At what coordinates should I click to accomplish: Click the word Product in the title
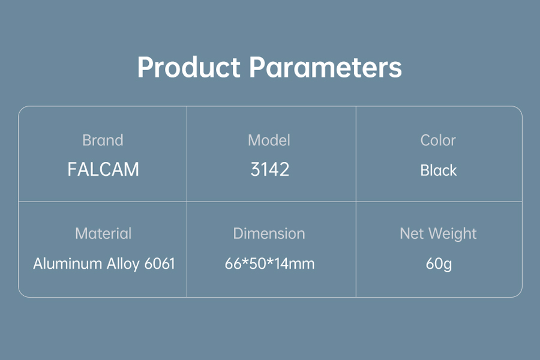tap(189, 67)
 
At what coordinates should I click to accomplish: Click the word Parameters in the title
tap(325, 67)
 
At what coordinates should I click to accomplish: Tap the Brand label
tap(103, 140)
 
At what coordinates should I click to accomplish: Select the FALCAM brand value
tap(103, 169)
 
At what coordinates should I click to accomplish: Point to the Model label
tap(269, 140)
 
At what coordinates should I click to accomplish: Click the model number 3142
tap(269, 169)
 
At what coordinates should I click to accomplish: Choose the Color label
tap(438, 140)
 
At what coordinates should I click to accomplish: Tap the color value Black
tap(439, 170)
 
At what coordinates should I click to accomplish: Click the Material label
tap(103, 233)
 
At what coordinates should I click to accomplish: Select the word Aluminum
tap(67, 264)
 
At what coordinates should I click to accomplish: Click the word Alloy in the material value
tap(122, 265)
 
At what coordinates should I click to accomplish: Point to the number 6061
tap(160, 264)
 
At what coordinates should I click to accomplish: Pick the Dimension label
tap(269, 233)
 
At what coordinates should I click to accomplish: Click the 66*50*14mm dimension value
tap(269, 264)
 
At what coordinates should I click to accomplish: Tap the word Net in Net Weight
tap(412, 233)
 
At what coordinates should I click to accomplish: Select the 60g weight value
tap(439, 265)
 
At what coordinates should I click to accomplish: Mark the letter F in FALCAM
tap(72, 169)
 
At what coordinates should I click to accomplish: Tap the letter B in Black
tap(425, 170)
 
